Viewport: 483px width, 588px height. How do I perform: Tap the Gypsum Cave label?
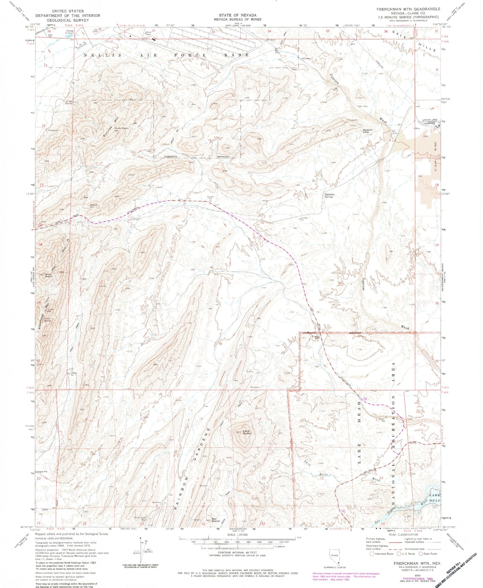click(368, 131)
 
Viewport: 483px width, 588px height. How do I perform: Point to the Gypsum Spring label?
click(329, 195)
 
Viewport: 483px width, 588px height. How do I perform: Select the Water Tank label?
click(148, 33)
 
